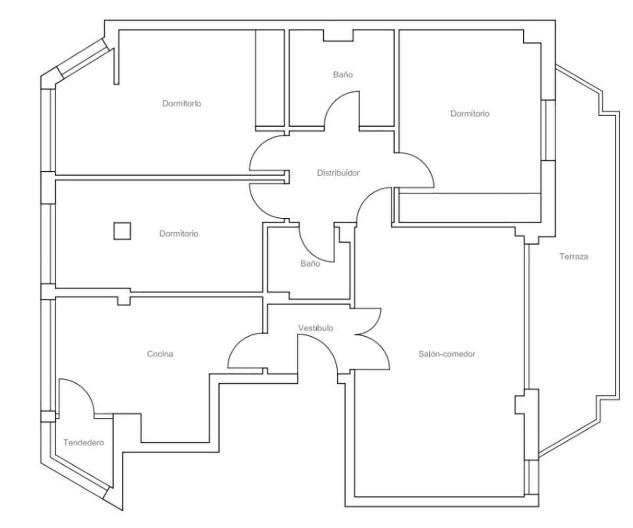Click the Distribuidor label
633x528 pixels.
click(338, 173)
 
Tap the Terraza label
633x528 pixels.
click(574, 256)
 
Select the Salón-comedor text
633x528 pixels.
click(446, 354)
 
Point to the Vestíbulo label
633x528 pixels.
click(315, 328)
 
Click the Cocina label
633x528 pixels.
click(160, 354)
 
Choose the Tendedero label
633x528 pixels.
click(84, 442)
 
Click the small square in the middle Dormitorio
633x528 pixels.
click(122, 231)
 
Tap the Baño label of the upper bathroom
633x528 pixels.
click(343, 74)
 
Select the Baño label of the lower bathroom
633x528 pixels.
click(310, 263)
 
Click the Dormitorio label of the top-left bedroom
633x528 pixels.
click(182, 103)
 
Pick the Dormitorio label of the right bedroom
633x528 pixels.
click(469, 114)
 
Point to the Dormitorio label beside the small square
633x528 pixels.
click(179, 233)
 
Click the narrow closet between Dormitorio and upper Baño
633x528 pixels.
click(270, 78)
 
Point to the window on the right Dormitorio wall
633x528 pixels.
click(548, 130)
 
